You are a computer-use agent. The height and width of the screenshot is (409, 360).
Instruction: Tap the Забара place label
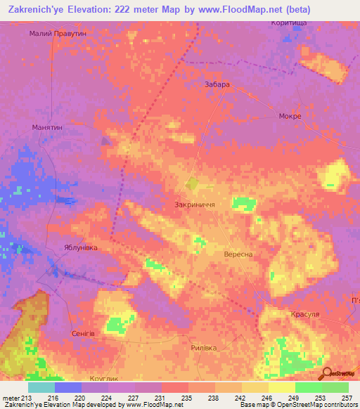coord(217,84)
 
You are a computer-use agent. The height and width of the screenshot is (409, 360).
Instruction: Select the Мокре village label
coord(290,116)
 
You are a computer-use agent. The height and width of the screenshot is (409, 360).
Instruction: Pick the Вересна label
coord(238,254)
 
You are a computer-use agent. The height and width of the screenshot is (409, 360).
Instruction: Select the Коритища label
coord(288,23)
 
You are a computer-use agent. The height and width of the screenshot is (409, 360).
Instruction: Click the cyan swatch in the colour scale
coord(41,387)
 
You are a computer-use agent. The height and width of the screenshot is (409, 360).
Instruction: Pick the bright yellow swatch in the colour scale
coord(281,387)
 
